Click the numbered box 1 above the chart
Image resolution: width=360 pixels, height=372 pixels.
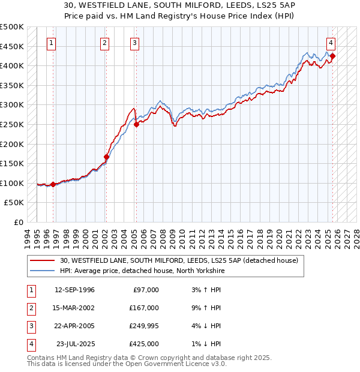(x=52, y=43)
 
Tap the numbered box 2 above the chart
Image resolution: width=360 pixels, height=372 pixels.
(x=104, y=43)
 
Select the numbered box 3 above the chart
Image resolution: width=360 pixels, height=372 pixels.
(x=134, y=43)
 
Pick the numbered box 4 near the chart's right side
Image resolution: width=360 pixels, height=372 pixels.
(x=331, y=43)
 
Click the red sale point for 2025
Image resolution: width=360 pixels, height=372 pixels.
(x=332, y=56)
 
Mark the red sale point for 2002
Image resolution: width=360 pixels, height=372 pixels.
(x=106, y=157)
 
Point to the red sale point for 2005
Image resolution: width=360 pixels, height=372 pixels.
(x=136, y=125)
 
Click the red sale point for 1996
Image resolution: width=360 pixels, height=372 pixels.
(x=53, y=184)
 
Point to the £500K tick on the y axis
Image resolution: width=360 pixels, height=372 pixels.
(x=12, y=27)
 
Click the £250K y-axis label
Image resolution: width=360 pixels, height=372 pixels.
(x=12, y=125)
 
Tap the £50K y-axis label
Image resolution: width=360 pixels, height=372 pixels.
(x=14, y=203)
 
